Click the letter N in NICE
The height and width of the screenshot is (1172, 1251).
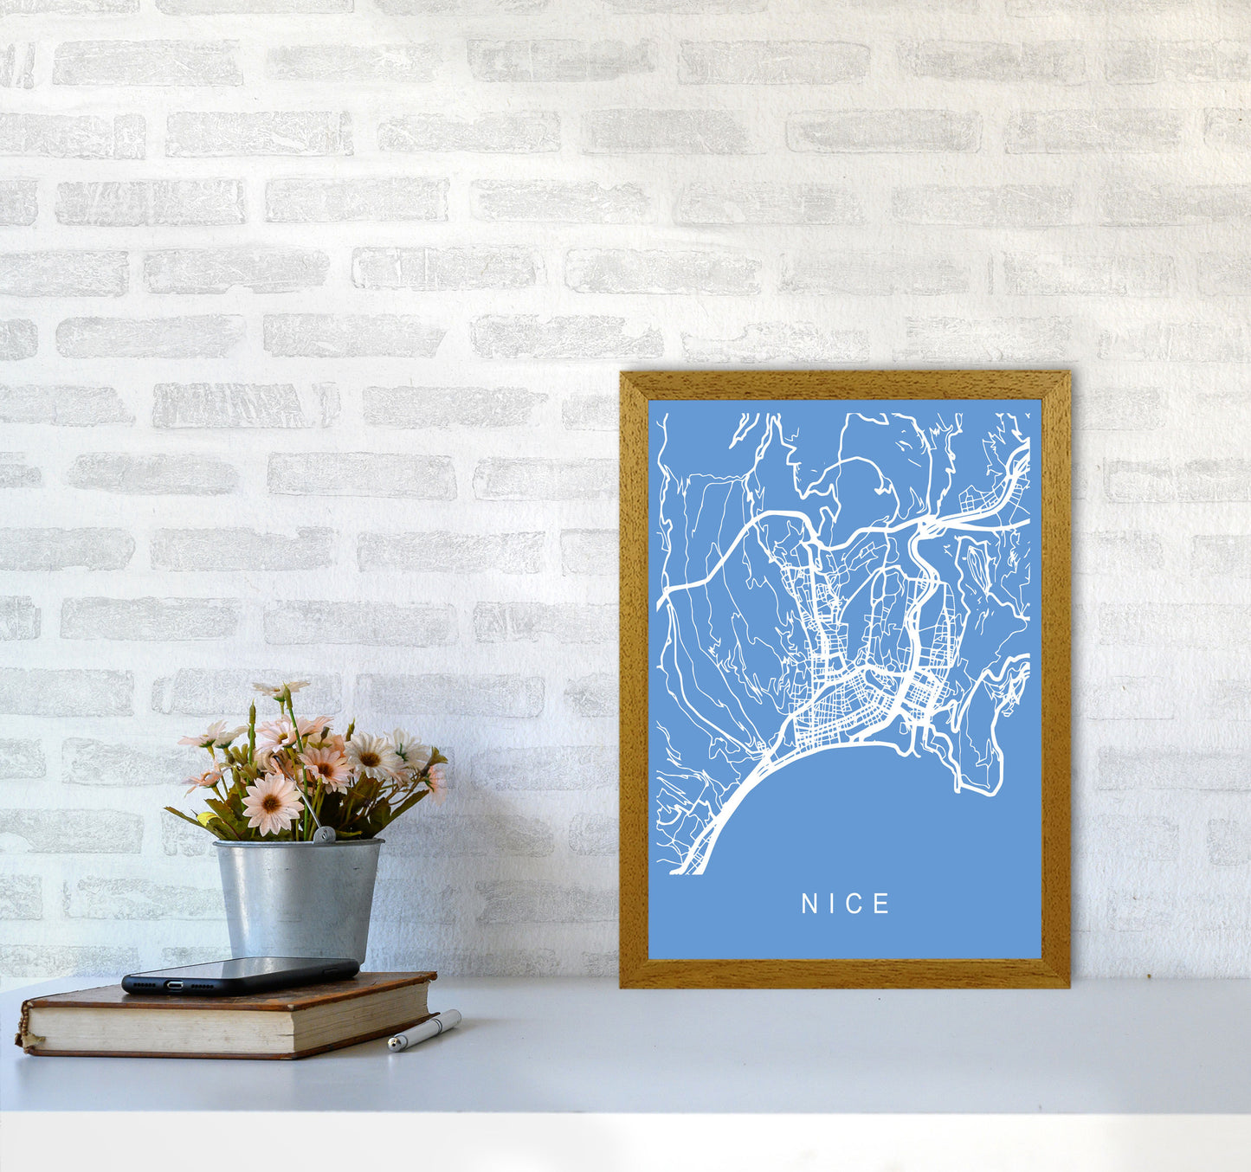click(x=809, y=905)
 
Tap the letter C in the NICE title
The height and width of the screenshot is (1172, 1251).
click(x=857, y=905)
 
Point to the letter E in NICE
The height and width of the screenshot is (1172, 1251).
click(x=882, y=905)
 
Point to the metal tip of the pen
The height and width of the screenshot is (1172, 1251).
click(x=393, y=1046)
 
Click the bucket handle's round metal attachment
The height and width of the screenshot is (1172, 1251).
click(x=323, y=835)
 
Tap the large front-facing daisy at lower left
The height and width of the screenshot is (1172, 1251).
click(x=271, y=803)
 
